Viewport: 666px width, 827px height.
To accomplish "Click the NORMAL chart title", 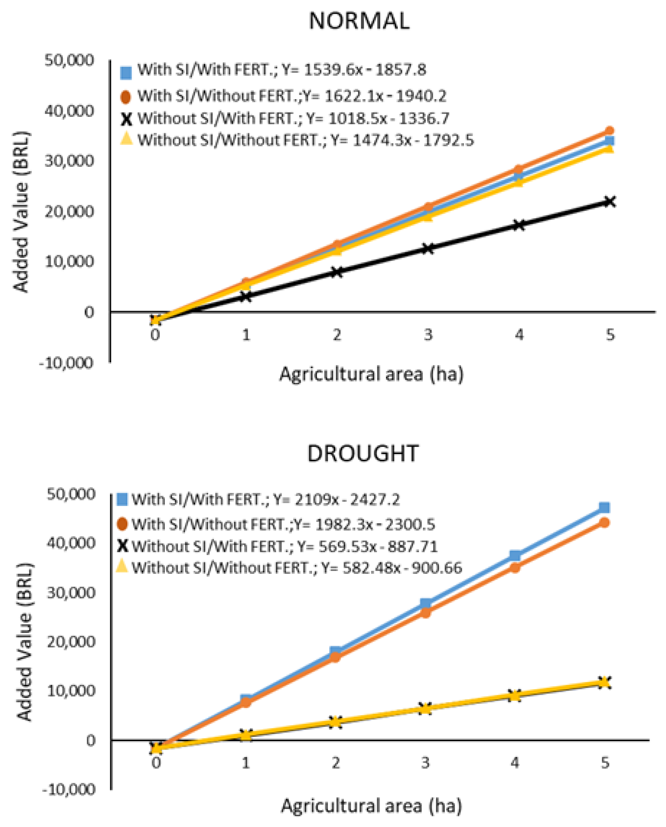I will tap(359, 21).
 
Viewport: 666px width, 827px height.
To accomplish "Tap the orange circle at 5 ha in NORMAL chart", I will tap(609, 131).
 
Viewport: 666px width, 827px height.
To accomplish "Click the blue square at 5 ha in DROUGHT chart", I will tap(604, 507).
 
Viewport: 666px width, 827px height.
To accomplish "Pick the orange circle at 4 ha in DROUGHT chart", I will tap(515, 567).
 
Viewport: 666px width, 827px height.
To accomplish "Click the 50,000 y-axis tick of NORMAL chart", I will tap(69, 61).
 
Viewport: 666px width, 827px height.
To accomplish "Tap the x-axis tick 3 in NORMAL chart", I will tap(428, 335).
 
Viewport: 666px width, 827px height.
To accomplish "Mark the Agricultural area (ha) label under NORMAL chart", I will tap(371, 374).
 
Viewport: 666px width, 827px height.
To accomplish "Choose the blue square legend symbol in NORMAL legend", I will tap(126, 72).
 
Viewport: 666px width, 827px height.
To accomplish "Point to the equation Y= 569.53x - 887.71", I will tap(367, 546).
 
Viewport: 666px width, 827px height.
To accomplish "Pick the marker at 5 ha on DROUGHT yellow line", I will tap(604, 682).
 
